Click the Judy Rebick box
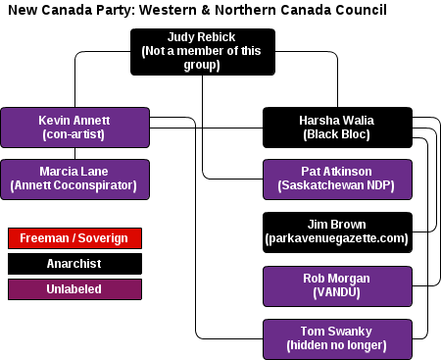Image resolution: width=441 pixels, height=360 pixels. point(203,52)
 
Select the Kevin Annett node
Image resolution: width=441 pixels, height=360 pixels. point(74,128)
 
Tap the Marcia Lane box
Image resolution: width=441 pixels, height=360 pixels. point(74,180)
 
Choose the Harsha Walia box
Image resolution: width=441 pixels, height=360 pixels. point(337,128)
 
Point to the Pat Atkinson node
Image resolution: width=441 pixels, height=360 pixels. point(337,180)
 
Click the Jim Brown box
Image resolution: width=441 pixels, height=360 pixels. point(337,232)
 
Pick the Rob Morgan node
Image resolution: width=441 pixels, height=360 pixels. point(337,286)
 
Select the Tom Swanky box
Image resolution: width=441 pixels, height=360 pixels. point(337,339)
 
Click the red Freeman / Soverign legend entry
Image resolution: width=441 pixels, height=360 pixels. point(74,238)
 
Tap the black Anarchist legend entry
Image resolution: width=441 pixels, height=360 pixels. point(74,264)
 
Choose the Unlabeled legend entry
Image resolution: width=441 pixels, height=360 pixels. point(74,289)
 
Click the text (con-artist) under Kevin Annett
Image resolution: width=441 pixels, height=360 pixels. point(73,134)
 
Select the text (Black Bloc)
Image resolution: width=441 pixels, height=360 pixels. point(336,134)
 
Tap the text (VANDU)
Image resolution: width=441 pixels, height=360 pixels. point(336,292)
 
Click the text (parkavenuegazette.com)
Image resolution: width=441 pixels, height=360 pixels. point(336,238)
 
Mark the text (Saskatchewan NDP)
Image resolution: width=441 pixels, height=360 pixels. point(336,185)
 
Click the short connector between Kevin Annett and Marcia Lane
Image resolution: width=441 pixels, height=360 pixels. point(74,154)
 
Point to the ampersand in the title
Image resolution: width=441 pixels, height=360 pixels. point(206,10)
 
